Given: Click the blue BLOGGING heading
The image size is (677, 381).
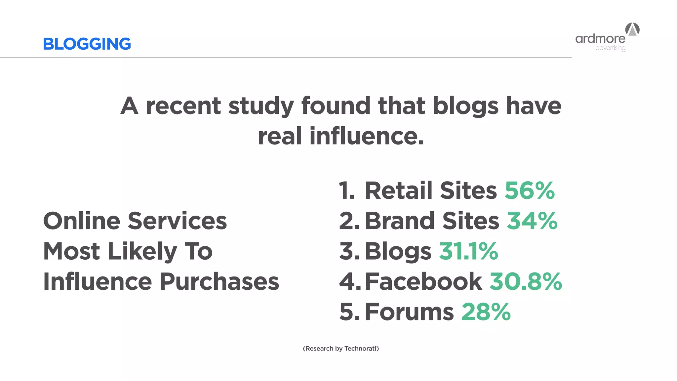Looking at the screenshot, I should [x=87, y=44].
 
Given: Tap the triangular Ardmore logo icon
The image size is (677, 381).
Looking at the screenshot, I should [x=632, y=29].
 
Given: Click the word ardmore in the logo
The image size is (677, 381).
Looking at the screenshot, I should [x=600, y=39].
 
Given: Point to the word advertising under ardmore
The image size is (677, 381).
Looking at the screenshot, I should [x=610, y=48].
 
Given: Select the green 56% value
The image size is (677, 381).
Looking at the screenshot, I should [x=530, y=190].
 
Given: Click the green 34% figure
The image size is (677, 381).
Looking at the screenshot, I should [x=532, y=221].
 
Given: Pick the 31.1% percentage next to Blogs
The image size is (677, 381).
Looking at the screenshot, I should [x=468, y=251].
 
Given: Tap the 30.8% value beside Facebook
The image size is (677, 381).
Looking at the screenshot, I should [x=526, y=282].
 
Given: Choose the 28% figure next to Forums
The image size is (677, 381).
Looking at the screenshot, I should [x=486, y=312].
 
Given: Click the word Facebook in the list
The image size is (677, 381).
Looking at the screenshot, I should [x=423, y=282].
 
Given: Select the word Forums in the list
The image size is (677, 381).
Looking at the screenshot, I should [x=409, y=312].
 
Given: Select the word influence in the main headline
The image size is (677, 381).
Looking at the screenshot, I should [x=366, y=136].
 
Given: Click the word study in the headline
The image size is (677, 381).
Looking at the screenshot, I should [x=261, y=106].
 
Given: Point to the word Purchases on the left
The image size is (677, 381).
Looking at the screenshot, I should [x=219, y=282].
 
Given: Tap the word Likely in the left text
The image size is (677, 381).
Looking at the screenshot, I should [x=142, y=251].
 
